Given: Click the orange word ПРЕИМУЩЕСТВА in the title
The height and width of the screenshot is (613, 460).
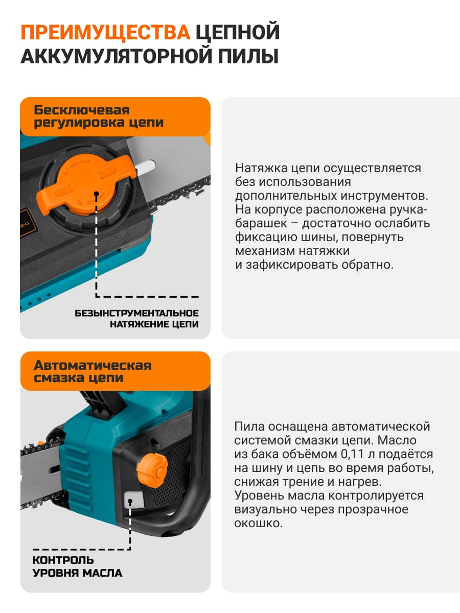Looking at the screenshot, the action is (106, 32).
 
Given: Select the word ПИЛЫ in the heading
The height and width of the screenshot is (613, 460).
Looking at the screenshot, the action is (248, 56).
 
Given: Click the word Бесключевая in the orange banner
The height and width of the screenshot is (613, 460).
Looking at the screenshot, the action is (82, 110).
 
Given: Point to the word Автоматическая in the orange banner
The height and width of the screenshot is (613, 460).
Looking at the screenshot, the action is (93, 365).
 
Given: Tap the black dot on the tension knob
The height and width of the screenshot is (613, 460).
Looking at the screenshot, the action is (97, 194).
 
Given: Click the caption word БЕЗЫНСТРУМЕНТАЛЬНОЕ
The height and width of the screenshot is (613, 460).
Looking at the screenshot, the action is (136, 313).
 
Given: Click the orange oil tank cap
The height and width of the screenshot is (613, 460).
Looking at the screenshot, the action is (152, 470).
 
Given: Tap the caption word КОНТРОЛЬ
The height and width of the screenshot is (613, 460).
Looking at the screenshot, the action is (63, 560).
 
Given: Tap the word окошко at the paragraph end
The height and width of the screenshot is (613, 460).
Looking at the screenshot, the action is (258, 523).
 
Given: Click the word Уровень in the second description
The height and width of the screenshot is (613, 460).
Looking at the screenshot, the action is (259, 496).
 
